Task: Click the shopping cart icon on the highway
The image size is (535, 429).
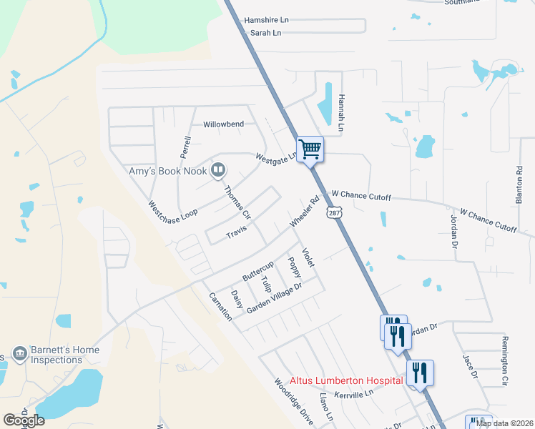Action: point(310,149)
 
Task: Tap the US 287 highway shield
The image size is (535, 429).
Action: point(334,212)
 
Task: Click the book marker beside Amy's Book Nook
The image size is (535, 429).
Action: point(219,170)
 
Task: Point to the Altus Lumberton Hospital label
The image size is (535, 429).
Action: point(346,381)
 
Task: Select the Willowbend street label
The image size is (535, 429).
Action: point(224,124)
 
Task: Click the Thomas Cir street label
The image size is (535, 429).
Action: point(237,203)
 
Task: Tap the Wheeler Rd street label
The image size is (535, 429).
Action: point(303,213)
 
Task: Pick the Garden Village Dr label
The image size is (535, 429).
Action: point(275,298)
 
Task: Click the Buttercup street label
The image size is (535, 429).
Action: point(258,270)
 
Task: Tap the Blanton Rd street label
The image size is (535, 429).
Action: point(520,185)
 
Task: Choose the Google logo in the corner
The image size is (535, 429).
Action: point(24,420)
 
